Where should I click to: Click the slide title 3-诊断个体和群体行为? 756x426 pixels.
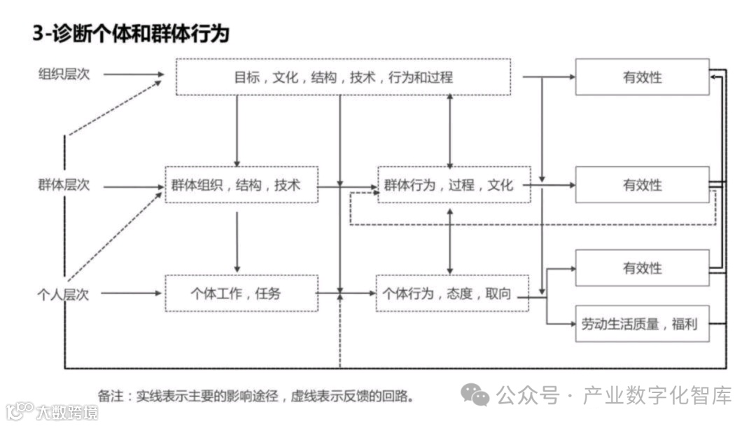(x=131, y=32)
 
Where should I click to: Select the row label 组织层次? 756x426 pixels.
(x=64, y=74)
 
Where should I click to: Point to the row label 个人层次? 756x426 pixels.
(x=64, y=294)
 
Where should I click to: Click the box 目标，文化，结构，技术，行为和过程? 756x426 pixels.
(x=343, y=76)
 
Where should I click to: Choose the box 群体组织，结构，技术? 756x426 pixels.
(x=241, y=185)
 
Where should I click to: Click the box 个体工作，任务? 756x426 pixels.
(x=241, y=294)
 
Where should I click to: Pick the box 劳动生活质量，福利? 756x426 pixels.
(x=642, y=324)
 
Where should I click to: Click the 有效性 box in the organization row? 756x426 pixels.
(x=642, y=76)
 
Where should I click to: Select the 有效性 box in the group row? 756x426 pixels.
(x=642, y=185)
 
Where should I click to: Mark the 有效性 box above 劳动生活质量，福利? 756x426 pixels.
(x=642, y=268)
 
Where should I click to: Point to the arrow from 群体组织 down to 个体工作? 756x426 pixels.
(x=237, y=242)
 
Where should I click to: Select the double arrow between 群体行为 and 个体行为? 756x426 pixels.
(x=449, y=240)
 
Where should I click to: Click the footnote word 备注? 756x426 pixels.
(x=111, y=396)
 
